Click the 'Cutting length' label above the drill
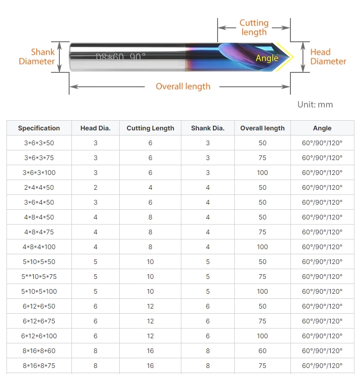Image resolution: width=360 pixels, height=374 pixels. point(254,27)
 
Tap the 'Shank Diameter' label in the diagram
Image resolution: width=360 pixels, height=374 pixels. point(37,57)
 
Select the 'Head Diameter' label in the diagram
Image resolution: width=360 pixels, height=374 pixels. point(328,57)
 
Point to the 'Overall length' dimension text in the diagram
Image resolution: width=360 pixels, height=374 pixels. point(183,86)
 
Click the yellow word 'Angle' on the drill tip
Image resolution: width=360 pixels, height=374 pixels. point(267,58)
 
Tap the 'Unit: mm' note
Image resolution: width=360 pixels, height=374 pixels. point(315,104)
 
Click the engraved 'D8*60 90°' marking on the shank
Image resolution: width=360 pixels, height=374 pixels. point(121,57)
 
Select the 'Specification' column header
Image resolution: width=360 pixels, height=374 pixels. point(39,128)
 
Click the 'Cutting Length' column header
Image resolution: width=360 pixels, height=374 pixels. point(150,128)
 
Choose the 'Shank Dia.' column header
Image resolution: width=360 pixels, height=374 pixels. point(208,128)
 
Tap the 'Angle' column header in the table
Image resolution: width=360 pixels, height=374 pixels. point(322,128)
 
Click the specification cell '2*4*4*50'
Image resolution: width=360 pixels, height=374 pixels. point(39,187)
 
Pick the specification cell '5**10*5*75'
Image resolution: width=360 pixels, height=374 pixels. point(39,277)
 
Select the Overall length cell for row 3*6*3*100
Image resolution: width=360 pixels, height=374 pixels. point(263,173)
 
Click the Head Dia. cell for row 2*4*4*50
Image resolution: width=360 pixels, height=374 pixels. point(96,187)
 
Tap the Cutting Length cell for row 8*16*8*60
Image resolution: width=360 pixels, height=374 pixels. point(150,351)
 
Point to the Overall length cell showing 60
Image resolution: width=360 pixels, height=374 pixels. point(263,351)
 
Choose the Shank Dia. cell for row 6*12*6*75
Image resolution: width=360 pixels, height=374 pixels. point(208,321)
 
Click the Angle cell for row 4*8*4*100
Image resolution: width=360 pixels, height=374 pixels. point(322,247)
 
